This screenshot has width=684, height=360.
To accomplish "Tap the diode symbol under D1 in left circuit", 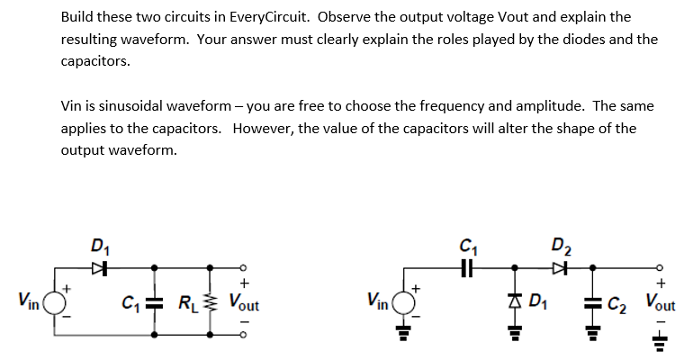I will tap(100, 267).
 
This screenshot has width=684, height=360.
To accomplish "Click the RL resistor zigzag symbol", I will tap(211, 301).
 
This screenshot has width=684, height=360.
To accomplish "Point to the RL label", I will tap(190, 301).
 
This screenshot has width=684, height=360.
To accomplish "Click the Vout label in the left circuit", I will tap(244, 301).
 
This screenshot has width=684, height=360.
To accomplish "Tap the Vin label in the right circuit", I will tap(380, 301).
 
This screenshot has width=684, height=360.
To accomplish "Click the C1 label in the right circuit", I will tap(467, 244).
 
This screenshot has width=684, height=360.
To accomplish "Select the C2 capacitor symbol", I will tap(594, 300).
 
